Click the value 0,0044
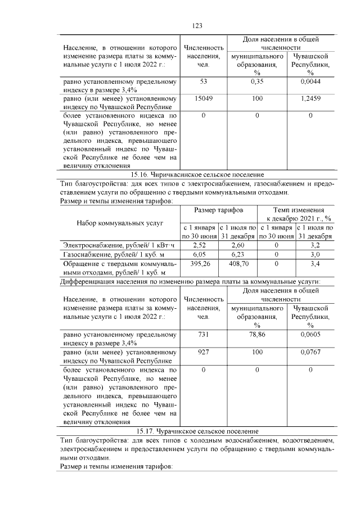click(310, 82)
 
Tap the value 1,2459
click(310, 98)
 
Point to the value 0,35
click(257, 82)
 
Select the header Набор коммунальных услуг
click(119, 223)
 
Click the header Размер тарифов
click(219, 210)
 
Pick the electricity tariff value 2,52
click(199, 245)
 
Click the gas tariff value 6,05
click(199, 254)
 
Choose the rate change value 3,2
click(315, 245)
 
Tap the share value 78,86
click(257, 335)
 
